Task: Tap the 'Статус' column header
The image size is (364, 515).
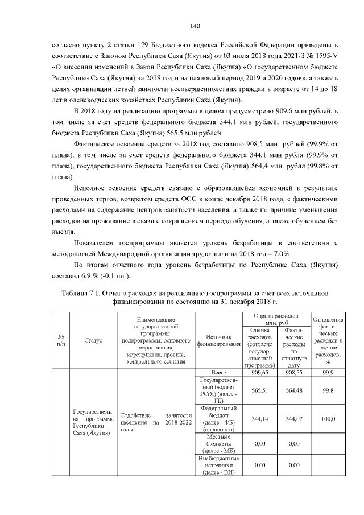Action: pyautogui.click(x=93, y=340)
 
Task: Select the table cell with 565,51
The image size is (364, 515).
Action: pyautogui.click(x=260, y=390)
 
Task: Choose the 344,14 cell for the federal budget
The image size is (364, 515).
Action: pyautogui.click(x=260, y=418)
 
